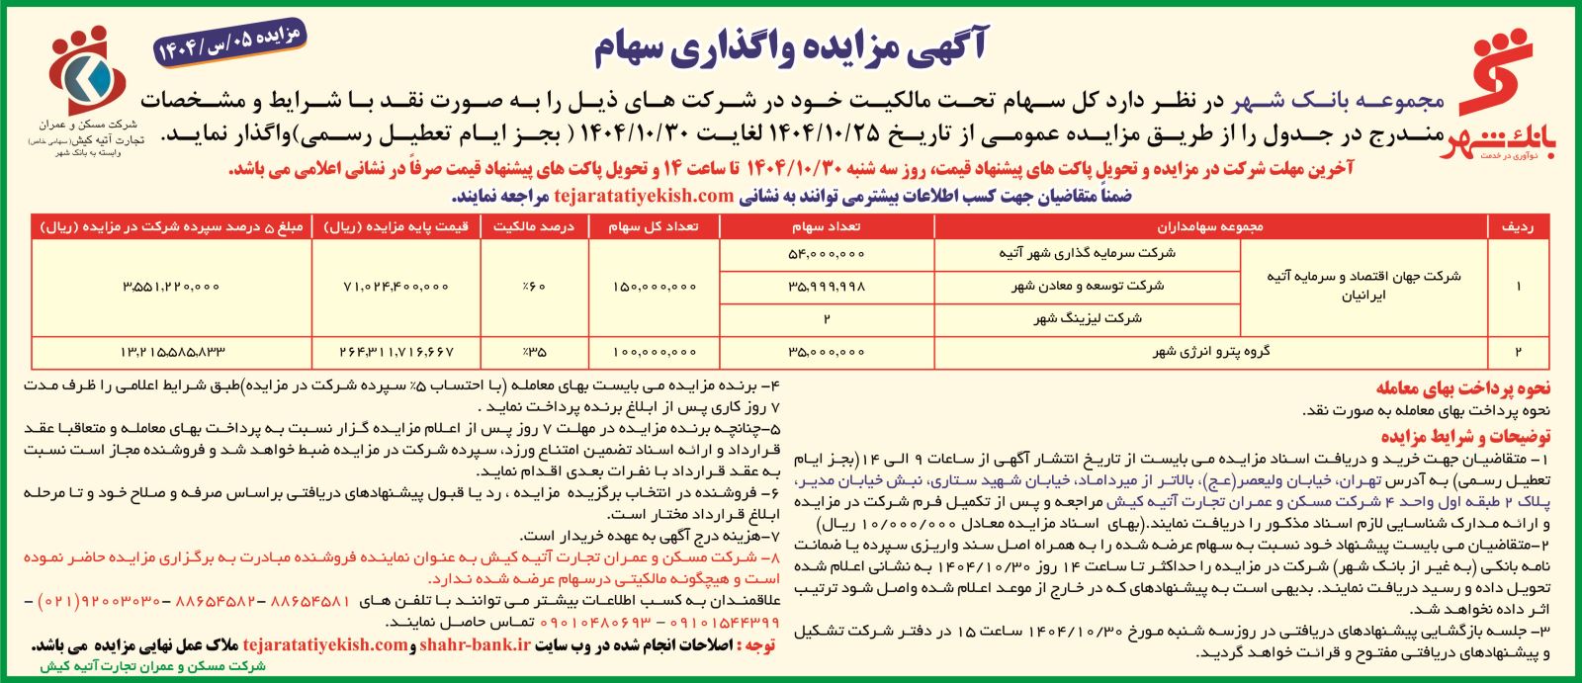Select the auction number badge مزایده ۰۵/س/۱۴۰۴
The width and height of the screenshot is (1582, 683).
tap(230, 43)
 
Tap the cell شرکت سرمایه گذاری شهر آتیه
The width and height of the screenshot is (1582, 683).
tap(1087, 253)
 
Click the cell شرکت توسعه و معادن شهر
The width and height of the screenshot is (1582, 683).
tap(1087, 286)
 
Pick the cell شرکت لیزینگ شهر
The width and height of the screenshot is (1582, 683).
tap(1087, 318)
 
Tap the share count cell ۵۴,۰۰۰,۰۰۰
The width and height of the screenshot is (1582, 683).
tap(827, 253)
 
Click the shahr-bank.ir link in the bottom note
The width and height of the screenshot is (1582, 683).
tap(476, 644)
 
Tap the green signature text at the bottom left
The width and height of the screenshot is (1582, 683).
tap(153, 667)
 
